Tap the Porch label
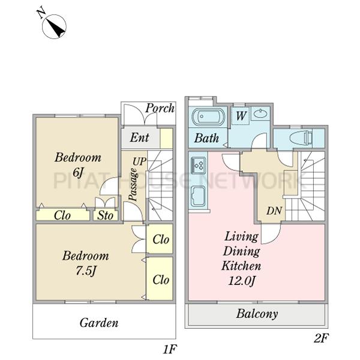coord(160,108)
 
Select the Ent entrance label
coord(139,137)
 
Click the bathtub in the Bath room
coord(208,116)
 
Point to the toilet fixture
coord(301,138)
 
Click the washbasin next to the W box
coord(260,113)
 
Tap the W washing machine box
coord(241,116)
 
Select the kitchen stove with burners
coord(199,165)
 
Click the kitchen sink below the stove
coord(199,196)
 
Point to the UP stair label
coord(139,161)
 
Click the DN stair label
coord(274,211)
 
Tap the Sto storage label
coord(106,215)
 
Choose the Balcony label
coord(257,314)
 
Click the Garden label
coord(99,323)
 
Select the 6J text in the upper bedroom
coord(78,172)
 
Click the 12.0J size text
coord(242,281)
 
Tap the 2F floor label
coord(321,338)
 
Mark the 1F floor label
coord(170,349)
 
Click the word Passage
coord(133,185)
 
